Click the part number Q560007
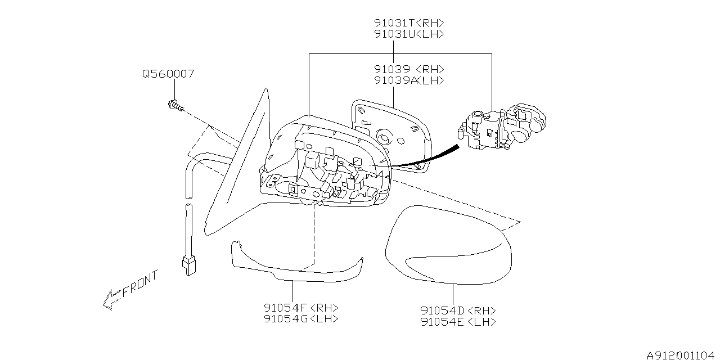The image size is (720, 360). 168,74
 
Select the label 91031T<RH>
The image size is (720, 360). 409,23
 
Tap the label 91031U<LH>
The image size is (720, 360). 409,34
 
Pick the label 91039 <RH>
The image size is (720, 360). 409,69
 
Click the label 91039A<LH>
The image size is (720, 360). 409,80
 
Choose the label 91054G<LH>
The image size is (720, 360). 301,318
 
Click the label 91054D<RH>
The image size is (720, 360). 458,310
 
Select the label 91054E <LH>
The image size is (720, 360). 458,322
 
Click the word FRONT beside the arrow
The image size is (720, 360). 140,283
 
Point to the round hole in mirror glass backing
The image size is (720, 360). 385,136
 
